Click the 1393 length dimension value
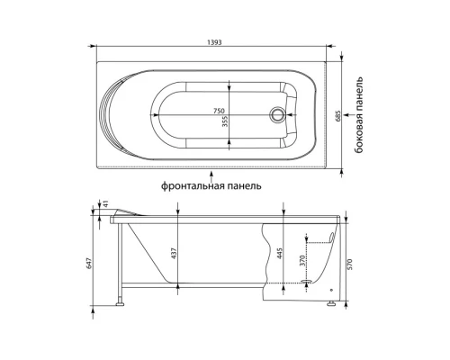pos(214,42)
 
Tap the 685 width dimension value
pos(337,115)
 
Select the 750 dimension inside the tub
pos(219,111)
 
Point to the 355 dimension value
pos(225,121)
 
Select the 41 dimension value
pos(105,204)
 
